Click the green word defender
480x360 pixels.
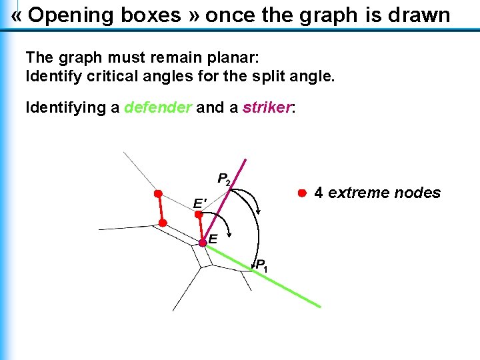157,107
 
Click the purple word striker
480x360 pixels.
267,107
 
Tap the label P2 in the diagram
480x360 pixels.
224,179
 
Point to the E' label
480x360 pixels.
199,203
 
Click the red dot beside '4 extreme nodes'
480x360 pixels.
301,193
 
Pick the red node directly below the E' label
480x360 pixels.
199,215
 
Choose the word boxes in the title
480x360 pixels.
151,15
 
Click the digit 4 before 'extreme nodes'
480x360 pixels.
319,193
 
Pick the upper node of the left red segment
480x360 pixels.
158,194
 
